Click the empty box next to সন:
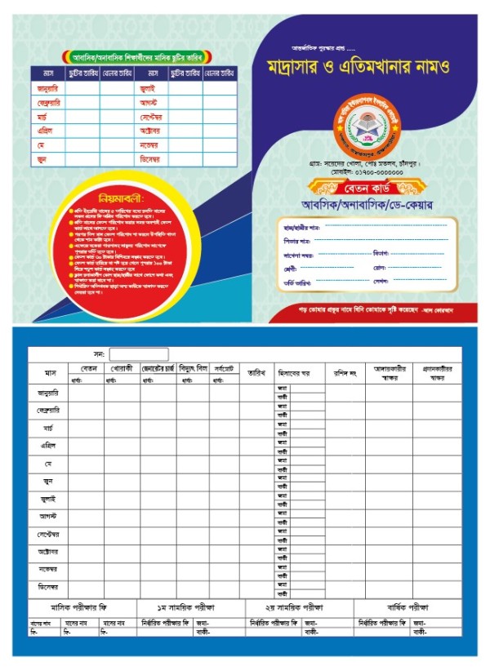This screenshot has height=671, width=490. (x=139, y=354)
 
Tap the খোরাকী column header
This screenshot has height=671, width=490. (x=121, y=368)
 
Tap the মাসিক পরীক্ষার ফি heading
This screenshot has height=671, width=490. (x=80, y=608)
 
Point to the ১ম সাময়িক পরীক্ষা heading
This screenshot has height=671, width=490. (x=190, y=608)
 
